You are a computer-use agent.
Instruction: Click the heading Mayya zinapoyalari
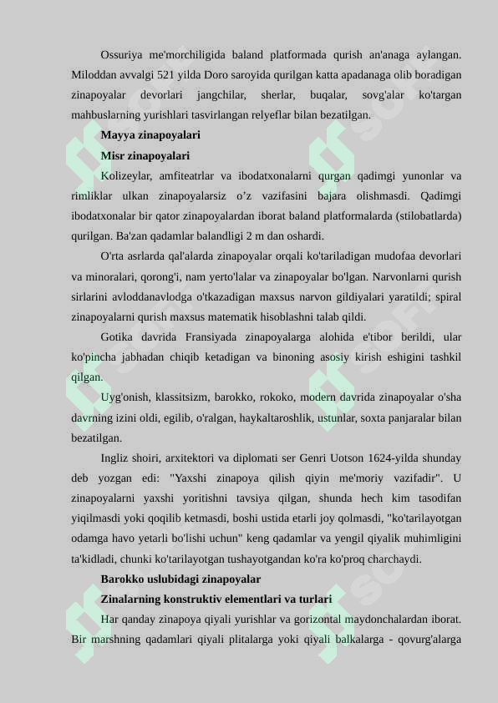coord(150,134)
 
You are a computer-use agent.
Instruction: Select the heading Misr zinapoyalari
coord(145,155)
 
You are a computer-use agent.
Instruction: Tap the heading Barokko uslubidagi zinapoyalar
coord(180,579)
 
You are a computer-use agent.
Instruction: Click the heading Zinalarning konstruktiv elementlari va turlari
coord(216,599)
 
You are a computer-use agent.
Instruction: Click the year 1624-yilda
coord(382,458)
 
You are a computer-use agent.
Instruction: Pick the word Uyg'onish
coord(124,397)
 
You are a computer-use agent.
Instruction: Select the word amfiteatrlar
coord(191,175)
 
